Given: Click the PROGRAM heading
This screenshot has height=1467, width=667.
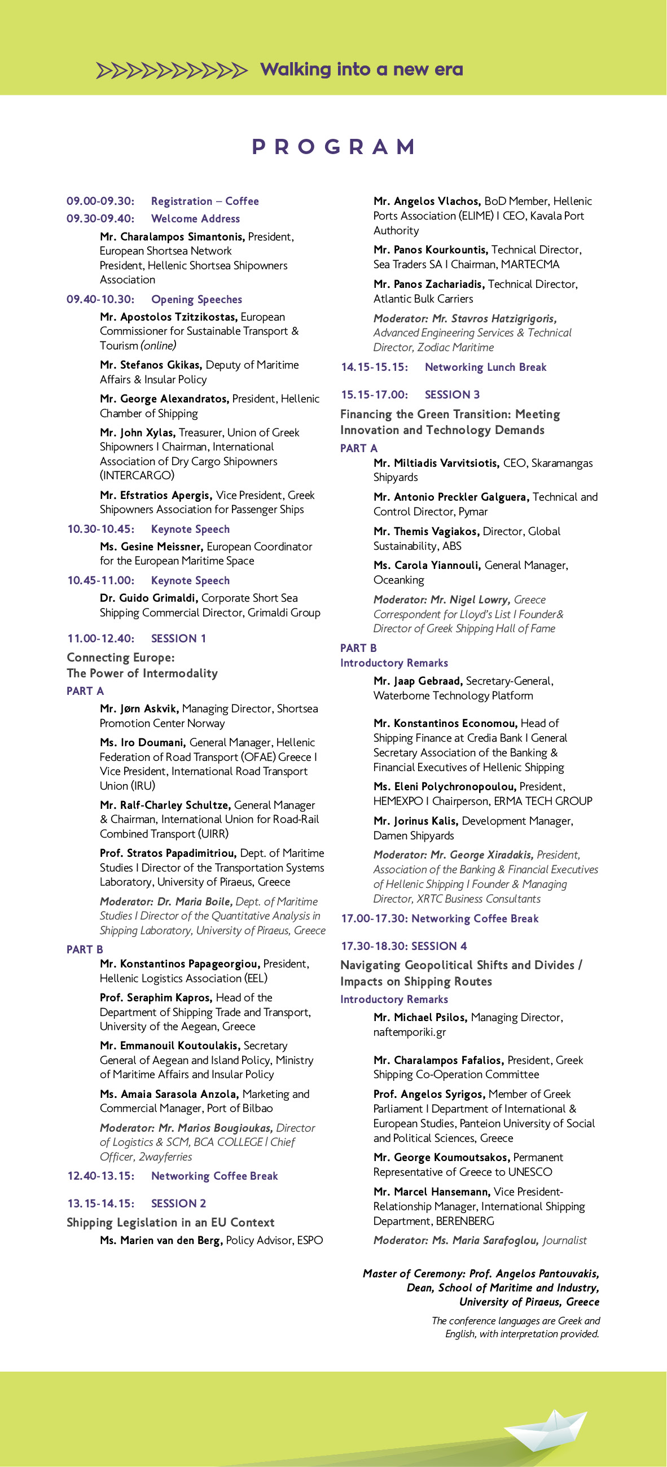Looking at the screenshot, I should pyautogui.click(x=333, y=147).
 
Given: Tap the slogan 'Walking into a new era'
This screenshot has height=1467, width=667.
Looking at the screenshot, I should pyautogui.click(x=361, y=69).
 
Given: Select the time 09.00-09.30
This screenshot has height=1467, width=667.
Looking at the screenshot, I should pyautogui.click(x=100, y=201).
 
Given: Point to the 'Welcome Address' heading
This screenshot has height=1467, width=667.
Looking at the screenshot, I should pyautogui.click(x=195, y=218).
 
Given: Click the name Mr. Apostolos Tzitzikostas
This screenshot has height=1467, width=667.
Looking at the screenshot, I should pyautogui.click(x=169, y=317).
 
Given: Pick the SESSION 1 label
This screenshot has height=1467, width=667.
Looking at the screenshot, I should pyautogui.click(x=178, y=638).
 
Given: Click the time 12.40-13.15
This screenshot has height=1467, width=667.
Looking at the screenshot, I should pyautogui.click(x=101, y=1176).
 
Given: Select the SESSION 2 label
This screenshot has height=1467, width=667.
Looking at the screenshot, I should pyautogui.click(x=178, y=1203).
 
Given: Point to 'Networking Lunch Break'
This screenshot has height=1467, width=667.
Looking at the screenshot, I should pyautogui.click(x=485, y=367).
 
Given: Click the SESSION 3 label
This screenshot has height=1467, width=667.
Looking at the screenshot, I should pyautogui.click(x=452, y=395).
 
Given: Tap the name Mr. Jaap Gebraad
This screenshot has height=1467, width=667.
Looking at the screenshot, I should pyautogui.click(x=418, y=681).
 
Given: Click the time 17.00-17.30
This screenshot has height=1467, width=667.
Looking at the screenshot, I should pyautogui.click(x=374, y=918).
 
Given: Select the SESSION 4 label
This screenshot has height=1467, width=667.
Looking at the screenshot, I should pyautogui.click(x=439, y=946).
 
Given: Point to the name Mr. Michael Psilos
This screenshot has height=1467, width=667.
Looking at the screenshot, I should pyautogui.click(x=420, y=1017).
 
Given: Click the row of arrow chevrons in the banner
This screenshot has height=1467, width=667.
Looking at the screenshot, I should pyautogui.click(x=172, y=70).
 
